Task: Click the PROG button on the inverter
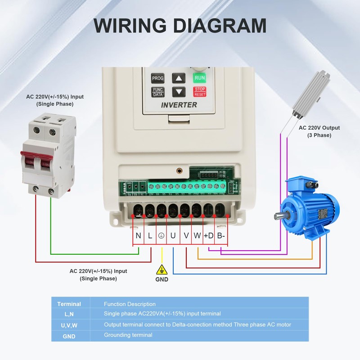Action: click(157, 78)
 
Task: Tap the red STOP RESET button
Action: click(200, 92)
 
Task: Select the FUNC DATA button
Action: click(157, 92)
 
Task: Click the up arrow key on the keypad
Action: click(179, 78)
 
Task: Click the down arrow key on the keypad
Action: click(179, 92)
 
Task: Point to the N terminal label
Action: click(138, 235)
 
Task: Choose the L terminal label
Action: click(150, 235)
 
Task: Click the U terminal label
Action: click(173, 235)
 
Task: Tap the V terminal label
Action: click(186, 235)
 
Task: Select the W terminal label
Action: click(197, 235)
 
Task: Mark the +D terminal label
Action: click(209, 235)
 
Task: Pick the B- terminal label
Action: click(221, 235)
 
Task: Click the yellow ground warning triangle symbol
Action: click(162, 270)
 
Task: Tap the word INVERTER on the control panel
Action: click(179, 105)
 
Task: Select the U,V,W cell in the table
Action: click(70, 324)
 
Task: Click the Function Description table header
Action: click(130, 304)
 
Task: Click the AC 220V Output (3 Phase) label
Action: click(319, 131)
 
